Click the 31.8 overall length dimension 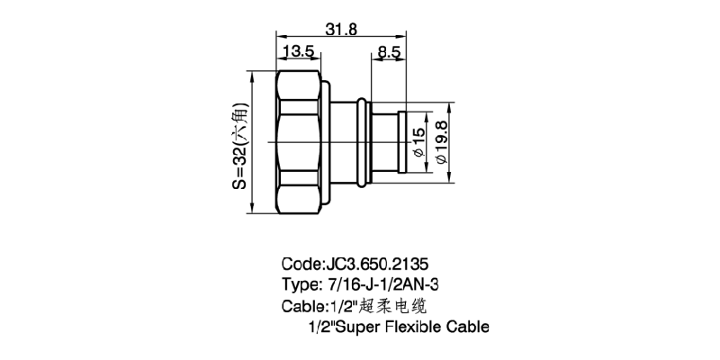(x=341, y=29)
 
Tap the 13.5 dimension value (x=300, y=51)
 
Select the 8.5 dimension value (x=389, y=51)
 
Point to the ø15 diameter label (x=418, y=142)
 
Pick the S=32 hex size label (x=239, y=146)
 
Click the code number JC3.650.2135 (x=376, y=264)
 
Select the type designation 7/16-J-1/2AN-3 (x=381, y=284)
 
